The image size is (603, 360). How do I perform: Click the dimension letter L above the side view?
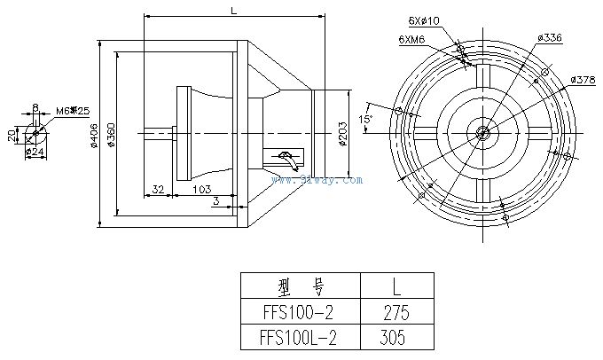click(232, 11)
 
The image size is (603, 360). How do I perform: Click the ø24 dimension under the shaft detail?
click(36, 152)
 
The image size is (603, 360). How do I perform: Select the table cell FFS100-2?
click(301, 313)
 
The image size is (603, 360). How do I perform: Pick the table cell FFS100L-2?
click(301, 338)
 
